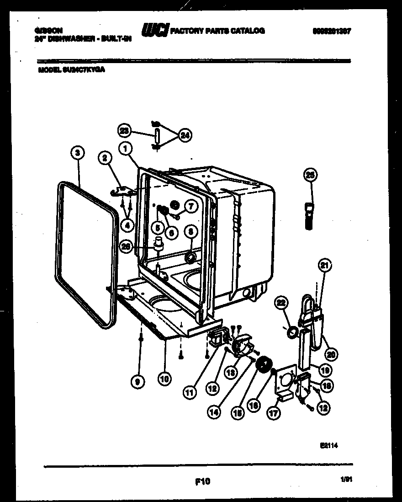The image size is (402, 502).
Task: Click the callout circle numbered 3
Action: [78, 153]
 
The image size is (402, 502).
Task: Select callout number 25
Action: [310, 175]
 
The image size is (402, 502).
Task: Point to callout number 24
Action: [185, 135]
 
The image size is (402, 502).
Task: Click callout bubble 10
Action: [164, 379]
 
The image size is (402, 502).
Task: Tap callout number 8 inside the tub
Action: [190, 232]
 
